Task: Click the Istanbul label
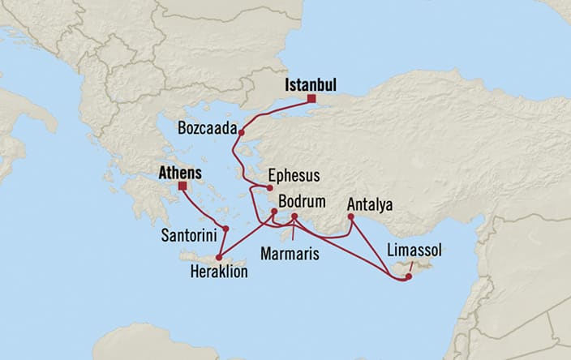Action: click(x=310, y=84)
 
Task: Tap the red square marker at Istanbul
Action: click(x=311, y=100)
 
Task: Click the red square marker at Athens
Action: click(x=182, y=186)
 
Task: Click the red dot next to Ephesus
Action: click(x=269, y=188)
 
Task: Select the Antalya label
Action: click(x=369, y=205)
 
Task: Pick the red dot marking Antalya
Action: click(x=350, y=216)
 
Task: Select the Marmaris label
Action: click(x=288, y=254)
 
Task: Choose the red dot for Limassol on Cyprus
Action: click(x=409, y=276)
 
